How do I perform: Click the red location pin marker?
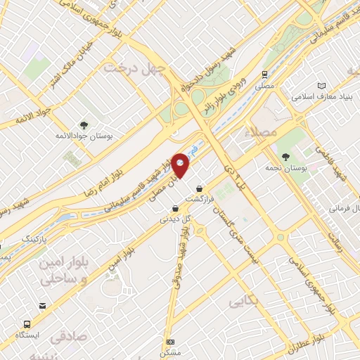[181, 165]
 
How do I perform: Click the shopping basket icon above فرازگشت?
[202, 188]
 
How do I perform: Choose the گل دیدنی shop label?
[176, 219]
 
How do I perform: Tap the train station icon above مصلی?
[265, 74]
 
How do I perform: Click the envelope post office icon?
[43, 305]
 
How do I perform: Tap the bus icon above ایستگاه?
[27, 324]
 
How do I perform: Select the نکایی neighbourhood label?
[243, 301]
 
